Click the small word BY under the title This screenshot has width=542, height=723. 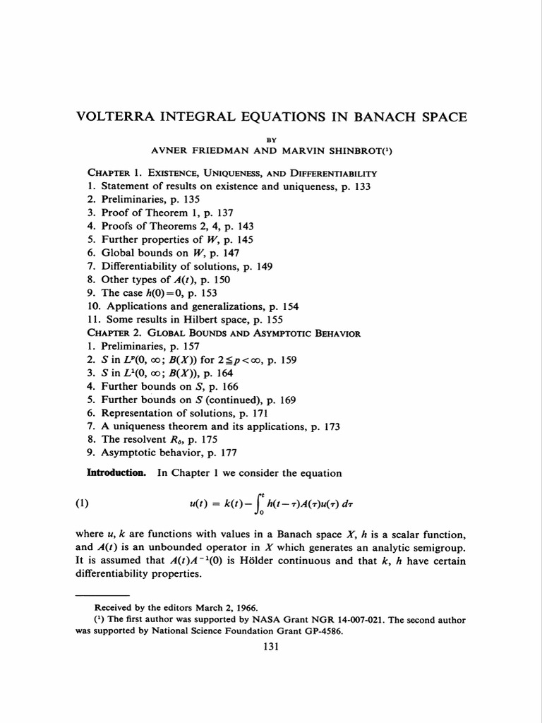(x=271, y=140)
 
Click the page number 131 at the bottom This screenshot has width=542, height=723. (x=271, y=647)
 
